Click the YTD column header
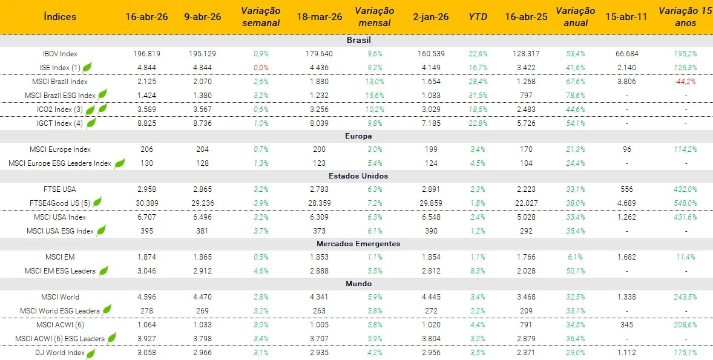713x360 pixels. [478, 17]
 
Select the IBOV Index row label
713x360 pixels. [61, 54]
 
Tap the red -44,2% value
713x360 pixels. [686, 82]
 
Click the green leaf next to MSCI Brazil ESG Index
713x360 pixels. [102, 94]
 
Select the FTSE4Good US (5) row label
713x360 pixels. [57, 203]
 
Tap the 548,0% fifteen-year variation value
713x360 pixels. [686, 203]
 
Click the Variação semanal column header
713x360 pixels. [261, 17]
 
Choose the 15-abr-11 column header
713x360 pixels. [626, 17]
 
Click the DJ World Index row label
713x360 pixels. [59, 353]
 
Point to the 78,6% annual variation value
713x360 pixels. [575, 96]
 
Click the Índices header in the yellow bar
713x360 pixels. [61, 17]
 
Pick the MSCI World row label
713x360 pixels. [60, 297]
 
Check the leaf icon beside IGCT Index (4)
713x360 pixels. [91, 123]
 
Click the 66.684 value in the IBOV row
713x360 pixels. [626, 54]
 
